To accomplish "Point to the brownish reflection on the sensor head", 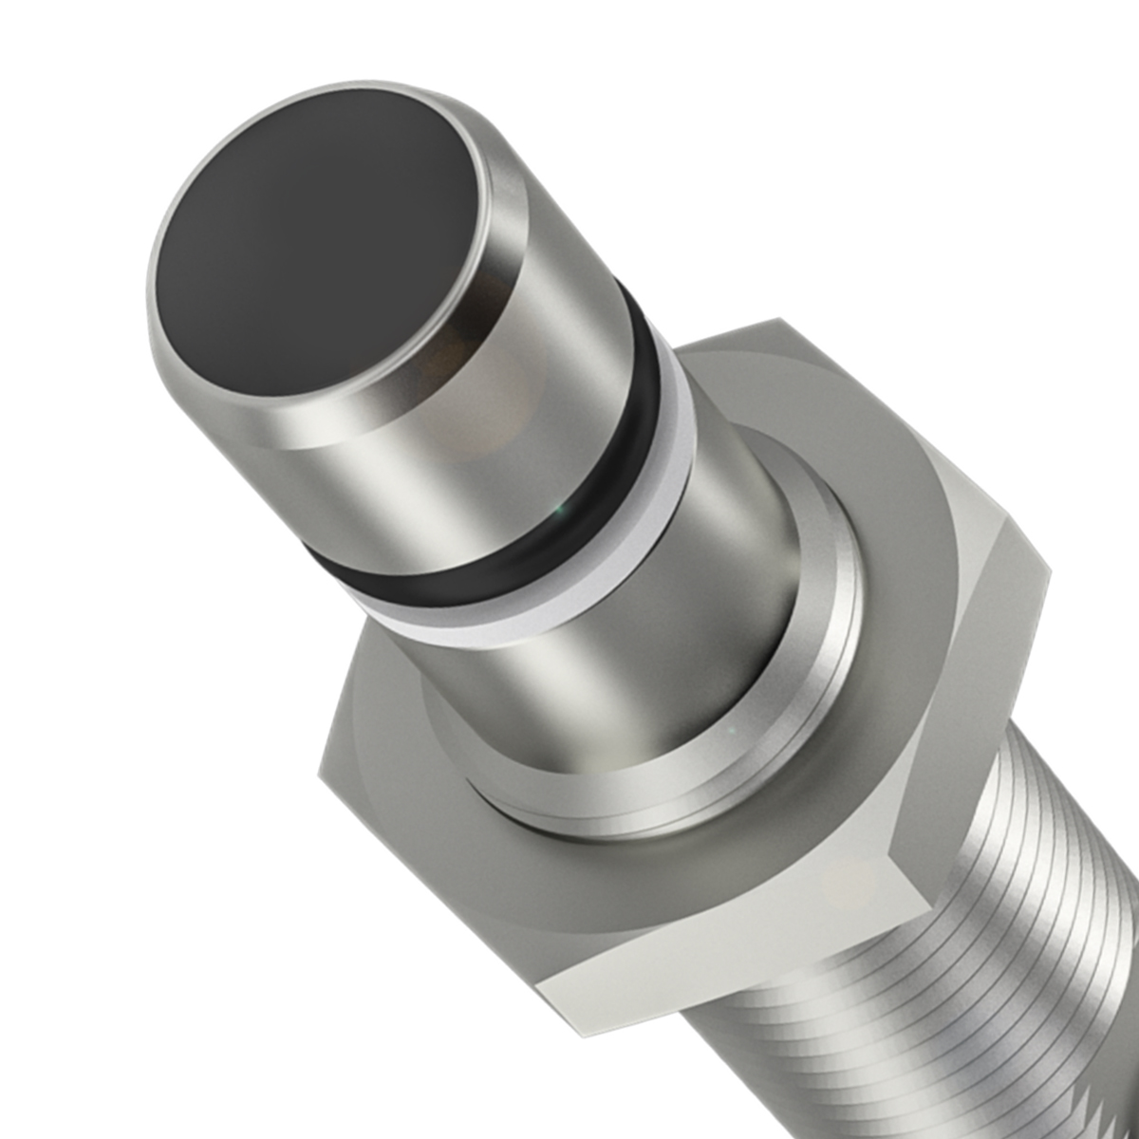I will click(x=446, y=365).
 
